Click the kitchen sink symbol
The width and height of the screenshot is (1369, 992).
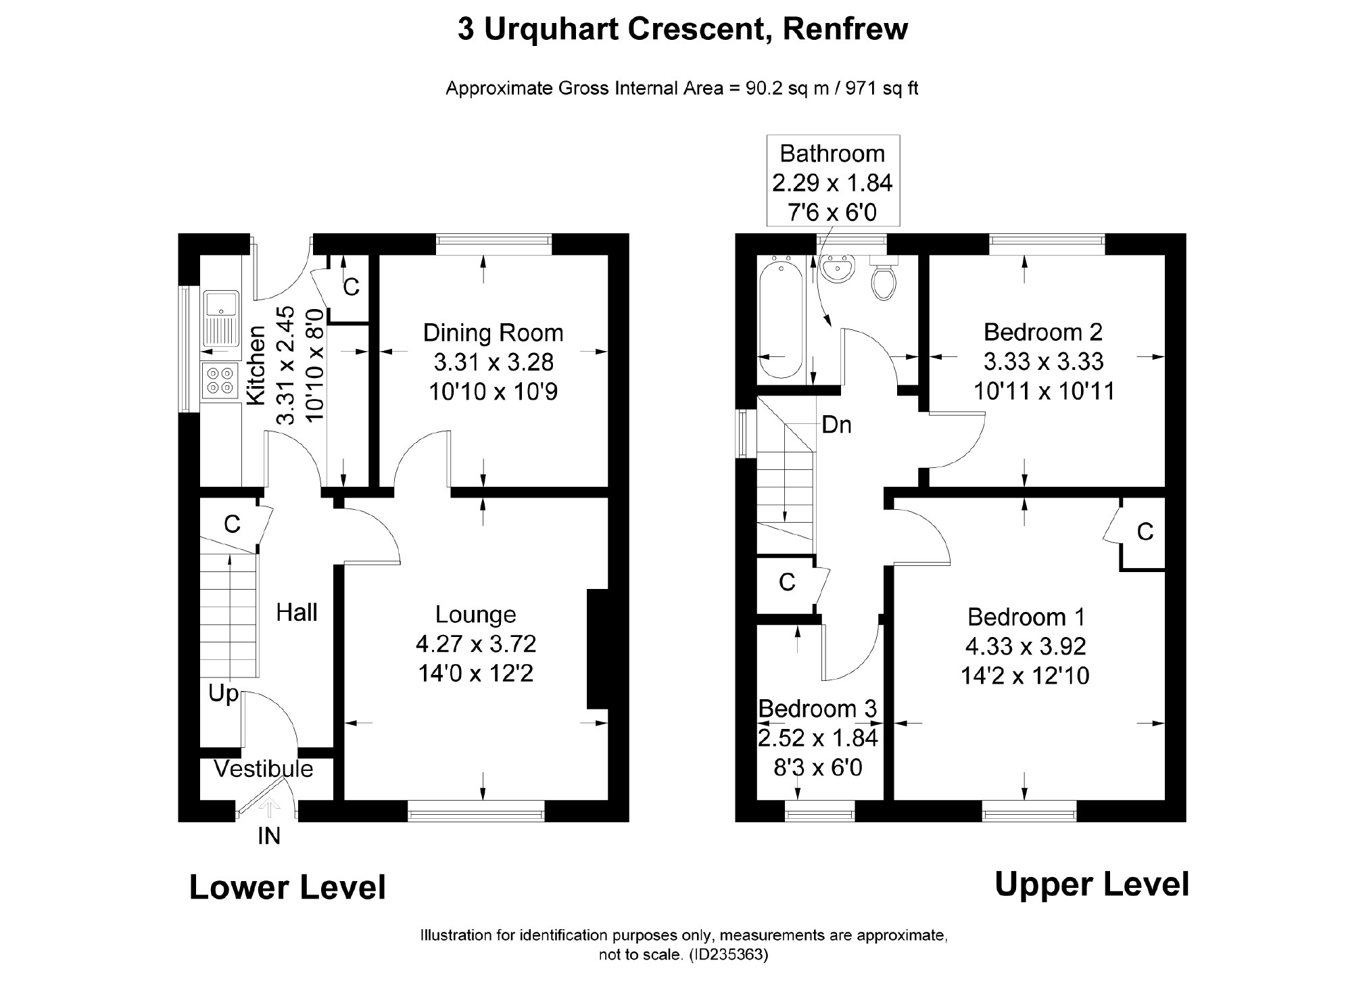pos(221,318)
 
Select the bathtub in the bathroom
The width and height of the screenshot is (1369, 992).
pos(782,320)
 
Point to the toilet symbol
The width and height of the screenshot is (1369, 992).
pos(884,278)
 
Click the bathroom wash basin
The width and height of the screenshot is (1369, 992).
pos(838,268)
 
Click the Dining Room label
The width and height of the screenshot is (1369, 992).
pos(493,333)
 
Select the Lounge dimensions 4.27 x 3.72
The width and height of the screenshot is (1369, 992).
pos(476,644)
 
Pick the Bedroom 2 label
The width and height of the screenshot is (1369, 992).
pos(1043,332)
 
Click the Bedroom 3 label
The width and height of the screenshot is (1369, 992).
pos(817,708)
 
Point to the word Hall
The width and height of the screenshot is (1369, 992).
pos(297,613)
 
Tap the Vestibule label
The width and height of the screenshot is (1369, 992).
pos(264,769)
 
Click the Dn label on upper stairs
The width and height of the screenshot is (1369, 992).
pos(836,425)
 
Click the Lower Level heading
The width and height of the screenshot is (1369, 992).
pos(287,887)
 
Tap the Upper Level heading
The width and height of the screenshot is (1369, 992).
pos(1092,884)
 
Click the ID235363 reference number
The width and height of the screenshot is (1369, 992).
pos(728,955)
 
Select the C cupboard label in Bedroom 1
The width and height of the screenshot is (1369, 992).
pos(1145,533)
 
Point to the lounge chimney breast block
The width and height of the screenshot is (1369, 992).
pos(598,649)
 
